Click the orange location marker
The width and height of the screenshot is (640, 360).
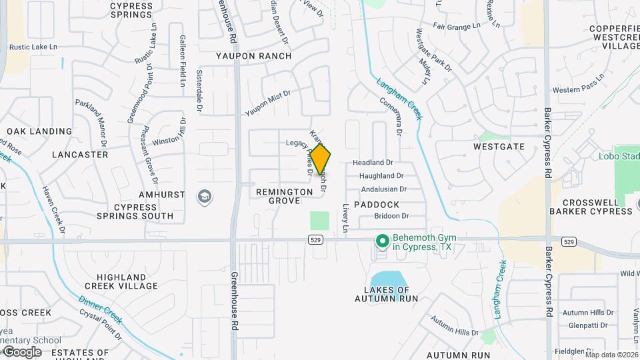point(321,160)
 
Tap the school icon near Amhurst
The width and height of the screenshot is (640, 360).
point(204,197)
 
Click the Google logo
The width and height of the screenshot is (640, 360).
point(22,352)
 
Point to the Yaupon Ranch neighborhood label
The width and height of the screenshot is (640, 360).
point(254,56)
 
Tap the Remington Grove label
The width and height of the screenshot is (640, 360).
point(285,196)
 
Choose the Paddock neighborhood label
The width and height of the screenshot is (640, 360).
point(377,205)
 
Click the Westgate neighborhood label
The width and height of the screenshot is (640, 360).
point(499,146)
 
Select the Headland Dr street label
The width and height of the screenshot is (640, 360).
point(373,162)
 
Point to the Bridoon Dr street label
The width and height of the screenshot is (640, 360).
point(391,216)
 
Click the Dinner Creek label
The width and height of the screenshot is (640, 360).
point(100,309)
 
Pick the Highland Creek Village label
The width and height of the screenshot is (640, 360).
point(121,281)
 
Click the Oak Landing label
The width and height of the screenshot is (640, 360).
point(39,131)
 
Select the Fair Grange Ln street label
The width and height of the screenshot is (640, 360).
point(457,26)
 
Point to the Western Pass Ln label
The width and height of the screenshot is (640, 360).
point(578,89)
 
